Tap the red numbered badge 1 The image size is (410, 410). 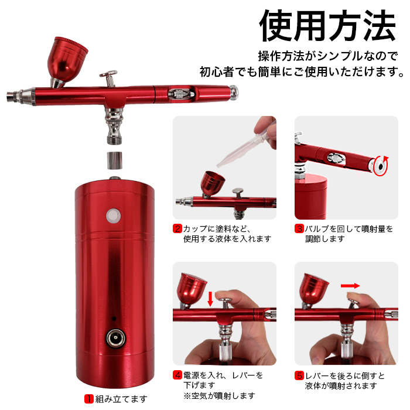pos(89,399)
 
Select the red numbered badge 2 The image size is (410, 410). pos(177,228)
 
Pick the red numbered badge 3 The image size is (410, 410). pos(299,228)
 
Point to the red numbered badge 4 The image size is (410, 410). pos(177,375)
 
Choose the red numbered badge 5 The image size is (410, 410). pos(299,375)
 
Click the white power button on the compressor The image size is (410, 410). pos(112,216)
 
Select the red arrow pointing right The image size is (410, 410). pos(350,286)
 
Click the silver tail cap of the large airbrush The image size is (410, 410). pos(235,91)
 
